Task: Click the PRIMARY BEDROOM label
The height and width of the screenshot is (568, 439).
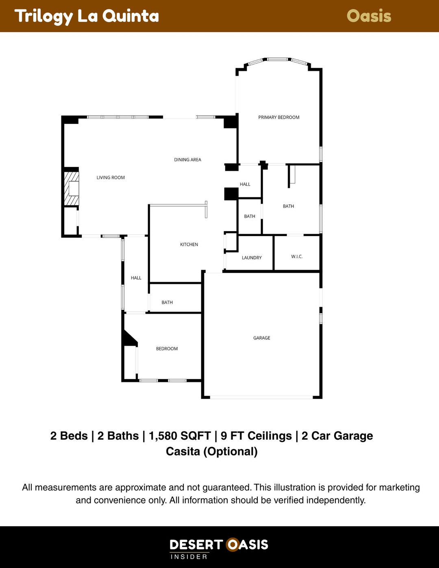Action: point(279,117)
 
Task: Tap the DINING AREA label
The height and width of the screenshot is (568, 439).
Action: point(187,160)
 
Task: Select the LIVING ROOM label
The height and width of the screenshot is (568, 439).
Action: point(111,178)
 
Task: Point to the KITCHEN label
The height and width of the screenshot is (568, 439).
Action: point(189,245)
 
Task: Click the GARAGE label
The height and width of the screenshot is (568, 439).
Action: point(261,338)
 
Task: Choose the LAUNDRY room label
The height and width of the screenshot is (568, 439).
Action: point(252,258)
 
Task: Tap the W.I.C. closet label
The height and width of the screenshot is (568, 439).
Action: point(297,256)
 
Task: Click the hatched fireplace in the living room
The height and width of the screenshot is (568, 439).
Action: point(72,189)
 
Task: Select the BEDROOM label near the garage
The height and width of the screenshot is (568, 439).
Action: point(167,349)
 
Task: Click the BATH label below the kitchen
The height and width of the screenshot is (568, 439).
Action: point(167,302)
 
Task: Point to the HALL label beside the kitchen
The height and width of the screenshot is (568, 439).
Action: point(136,278)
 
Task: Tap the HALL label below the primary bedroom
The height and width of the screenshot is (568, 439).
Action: point(245,184)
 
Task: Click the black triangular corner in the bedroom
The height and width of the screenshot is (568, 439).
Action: point(129,340)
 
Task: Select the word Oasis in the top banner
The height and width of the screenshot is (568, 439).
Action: point(369,16)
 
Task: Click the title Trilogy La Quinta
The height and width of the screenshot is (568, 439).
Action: point(87,16)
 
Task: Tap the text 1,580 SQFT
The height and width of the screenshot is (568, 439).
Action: point(180,436)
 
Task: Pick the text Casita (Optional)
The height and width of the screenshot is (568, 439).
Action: point(212,451)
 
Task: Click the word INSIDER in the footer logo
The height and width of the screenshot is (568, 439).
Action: point(189,557)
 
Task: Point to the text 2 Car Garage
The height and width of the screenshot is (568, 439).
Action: point(337,436)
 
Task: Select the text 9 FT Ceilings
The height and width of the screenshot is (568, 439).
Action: point(256,436)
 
